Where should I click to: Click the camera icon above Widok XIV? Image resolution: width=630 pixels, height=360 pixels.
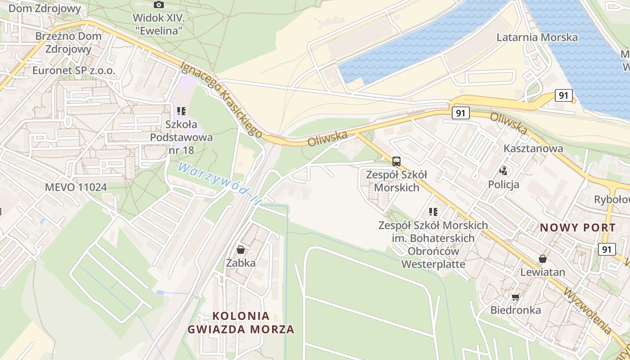coord(158,5)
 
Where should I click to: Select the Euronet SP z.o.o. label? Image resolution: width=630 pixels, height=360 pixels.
coord(74,71)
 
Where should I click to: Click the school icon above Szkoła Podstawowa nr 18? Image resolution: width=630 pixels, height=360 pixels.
coord(181,111)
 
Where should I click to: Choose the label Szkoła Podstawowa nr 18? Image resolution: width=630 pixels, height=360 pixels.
coord(181,137)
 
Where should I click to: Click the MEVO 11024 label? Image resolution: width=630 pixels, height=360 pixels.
coord(76,187)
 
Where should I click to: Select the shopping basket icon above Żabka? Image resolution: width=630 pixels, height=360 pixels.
coord(241,250)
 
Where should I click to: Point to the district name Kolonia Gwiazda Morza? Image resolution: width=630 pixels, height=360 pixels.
coord(241,323)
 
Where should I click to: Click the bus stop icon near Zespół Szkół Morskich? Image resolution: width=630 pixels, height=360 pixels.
coord(396,162)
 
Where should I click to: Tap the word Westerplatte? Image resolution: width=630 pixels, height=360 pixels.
coord(433,264)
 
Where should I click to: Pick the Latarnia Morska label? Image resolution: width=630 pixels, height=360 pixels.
coord(537,37)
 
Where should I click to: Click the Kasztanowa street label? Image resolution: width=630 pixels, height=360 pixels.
coord(533,148)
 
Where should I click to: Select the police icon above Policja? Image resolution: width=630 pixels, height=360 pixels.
coord(504,171)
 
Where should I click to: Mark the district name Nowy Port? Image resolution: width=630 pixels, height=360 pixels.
coord(578,228)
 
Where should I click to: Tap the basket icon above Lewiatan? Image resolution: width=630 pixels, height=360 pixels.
coord(543,259)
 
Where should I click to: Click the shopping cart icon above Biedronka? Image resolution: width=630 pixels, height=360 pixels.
coord(515,297)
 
